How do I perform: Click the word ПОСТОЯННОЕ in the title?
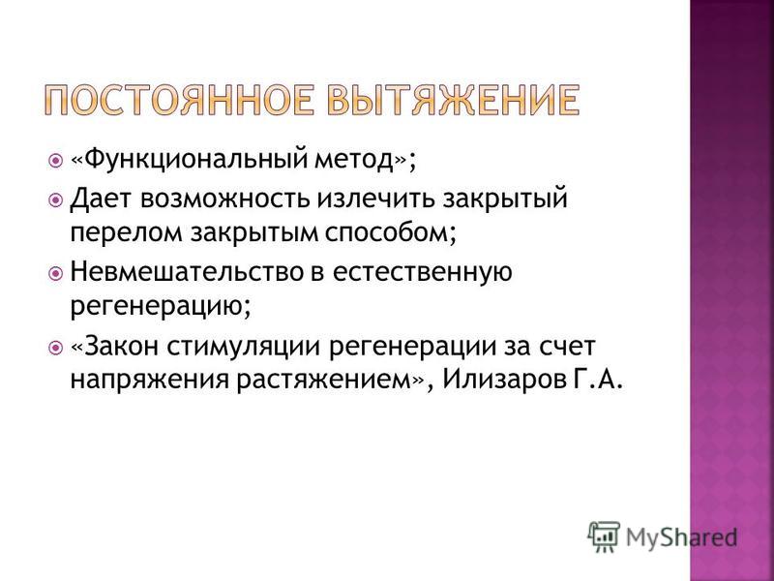(x=179, y=100)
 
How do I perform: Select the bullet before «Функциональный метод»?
(x=56, y=161)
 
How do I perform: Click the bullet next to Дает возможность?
(x=56, y=200)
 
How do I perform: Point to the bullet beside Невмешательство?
(x=56, y=273)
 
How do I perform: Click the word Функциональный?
(x=196, y=160)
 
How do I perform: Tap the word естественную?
(x=423, y=273)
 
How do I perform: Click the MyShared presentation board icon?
(x=604, y=536)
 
